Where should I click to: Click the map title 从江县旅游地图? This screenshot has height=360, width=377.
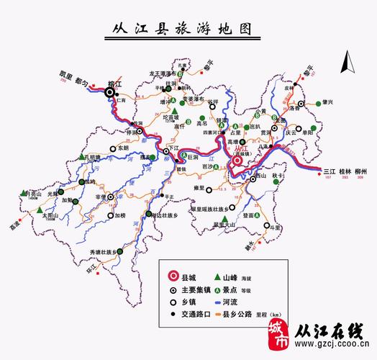[x=189, y=30]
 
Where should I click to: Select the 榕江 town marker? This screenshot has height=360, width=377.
[x=110, y=92]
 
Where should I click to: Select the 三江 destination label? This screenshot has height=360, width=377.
[x=330, y=171]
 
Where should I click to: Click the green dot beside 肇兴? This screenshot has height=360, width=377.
[x=318, y=106]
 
